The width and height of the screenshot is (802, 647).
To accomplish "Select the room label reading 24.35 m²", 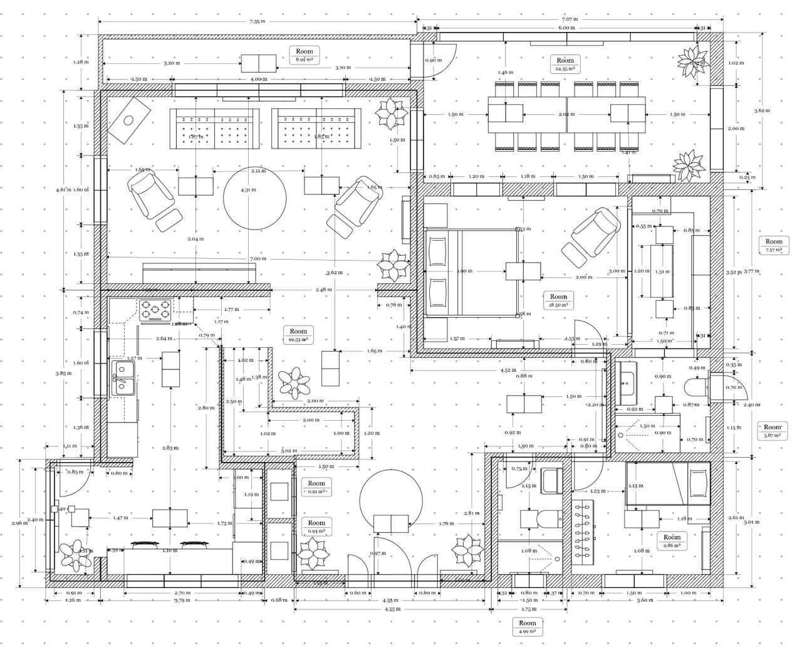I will coord(565,65).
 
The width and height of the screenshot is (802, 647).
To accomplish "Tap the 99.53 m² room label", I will coord(298,335).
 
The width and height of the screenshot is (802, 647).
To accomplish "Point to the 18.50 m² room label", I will coord(558,300).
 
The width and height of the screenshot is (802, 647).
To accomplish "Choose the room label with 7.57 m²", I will coord(774,245).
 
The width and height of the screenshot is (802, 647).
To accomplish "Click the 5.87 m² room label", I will coord(773,431).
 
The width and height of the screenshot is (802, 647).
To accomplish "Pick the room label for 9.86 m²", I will coord(672,541).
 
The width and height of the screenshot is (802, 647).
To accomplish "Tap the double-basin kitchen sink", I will coord(122,378).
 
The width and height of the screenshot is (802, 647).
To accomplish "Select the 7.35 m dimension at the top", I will coord(257,21).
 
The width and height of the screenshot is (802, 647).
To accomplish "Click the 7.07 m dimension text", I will coord(570,19).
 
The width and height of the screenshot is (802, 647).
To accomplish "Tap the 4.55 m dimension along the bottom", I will coord(392,609).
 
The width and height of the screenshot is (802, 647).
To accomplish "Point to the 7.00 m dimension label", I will coord(258,258).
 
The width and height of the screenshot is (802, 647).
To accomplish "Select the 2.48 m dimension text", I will coord(324,290).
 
